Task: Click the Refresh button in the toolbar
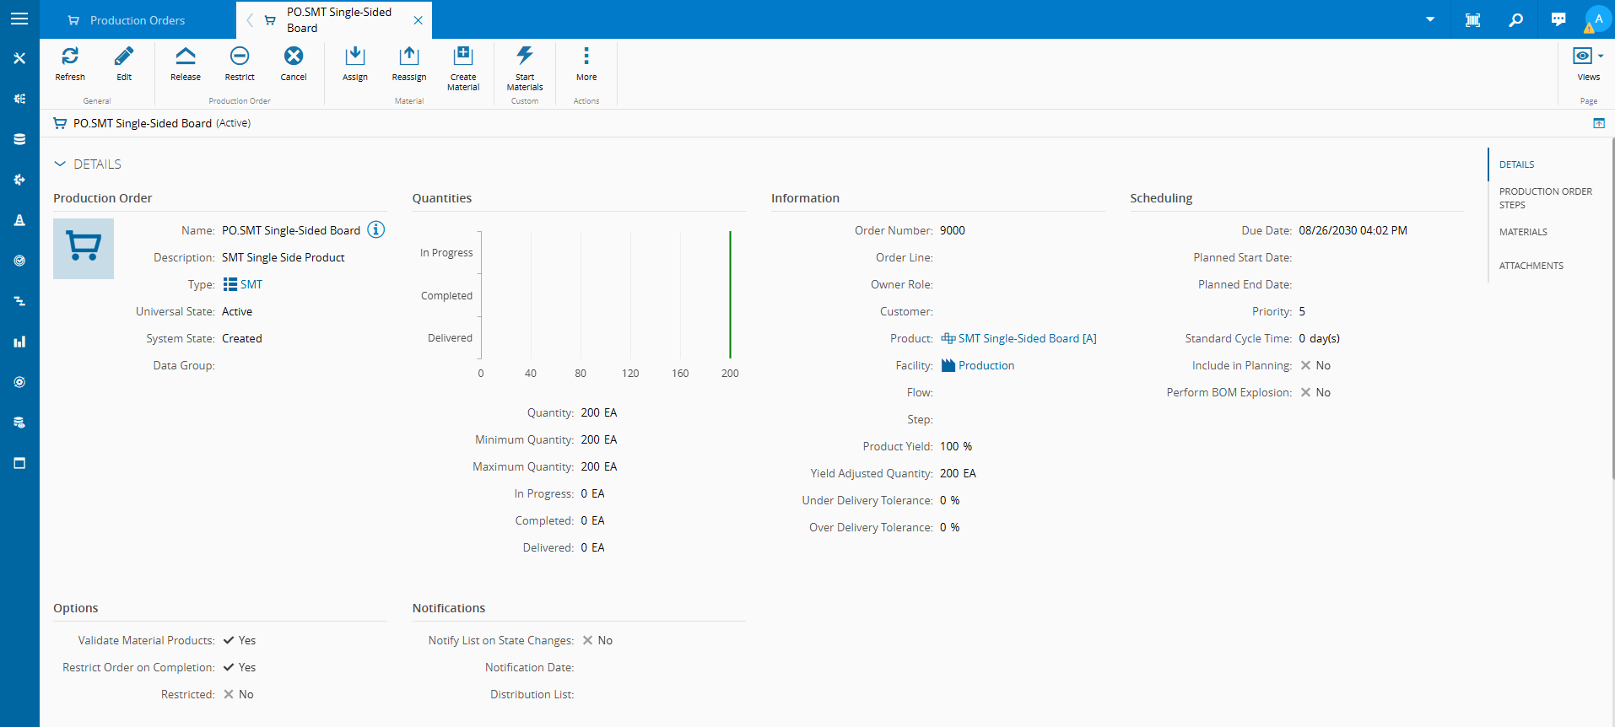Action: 70,64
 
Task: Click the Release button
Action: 186,64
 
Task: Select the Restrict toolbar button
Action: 240,64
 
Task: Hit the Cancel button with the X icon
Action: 294,64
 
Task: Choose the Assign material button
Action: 355,64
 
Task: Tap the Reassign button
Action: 409,64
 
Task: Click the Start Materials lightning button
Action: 525,68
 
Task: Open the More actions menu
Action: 586,64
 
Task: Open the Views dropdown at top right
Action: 1588,64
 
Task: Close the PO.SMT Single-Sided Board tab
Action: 418,20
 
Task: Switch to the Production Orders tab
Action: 138,20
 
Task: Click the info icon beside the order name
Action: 376,229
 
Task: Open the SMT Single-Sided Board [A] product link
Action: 1019,338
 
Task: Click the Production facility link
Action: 978,365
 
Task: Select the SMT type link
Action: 243,284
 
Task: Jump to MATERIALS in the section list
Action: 1523,232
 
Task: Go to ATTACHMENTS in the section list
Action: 1531,266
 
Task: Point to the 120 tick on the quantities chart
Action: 630,373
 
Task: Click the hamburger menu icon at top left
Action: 19,19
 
